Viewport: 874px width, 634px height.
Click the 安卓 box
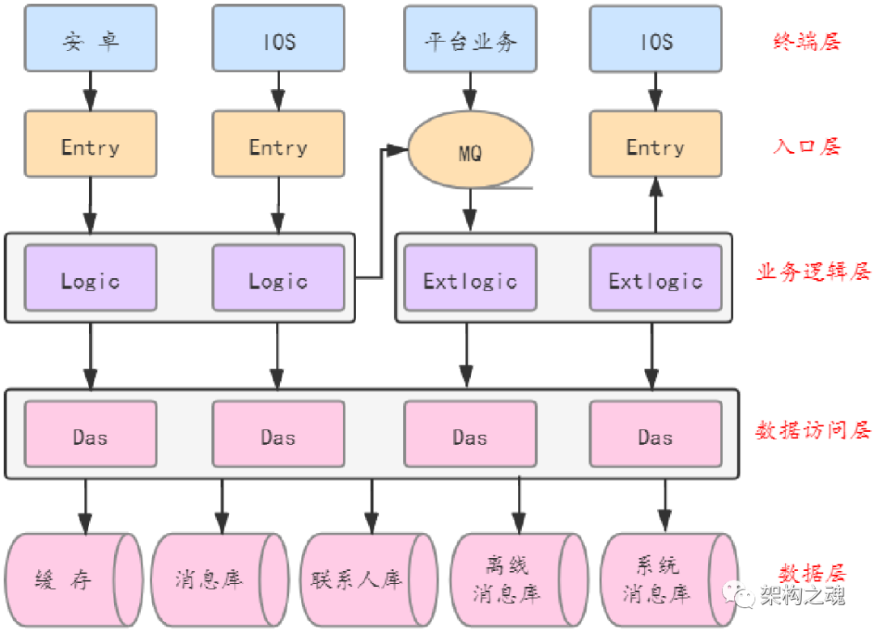91,38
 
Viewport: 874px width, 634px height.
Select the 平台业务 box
470,38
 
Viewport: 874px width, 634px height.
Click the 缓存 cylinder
73,580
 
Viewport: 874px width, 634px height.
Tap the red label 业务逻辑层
813,272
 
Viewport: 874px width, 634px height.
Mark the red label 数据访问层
813,431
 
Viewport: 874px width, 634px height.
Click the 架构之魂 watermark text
801,596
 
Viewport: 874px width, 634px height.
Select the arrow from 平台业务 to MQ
470,90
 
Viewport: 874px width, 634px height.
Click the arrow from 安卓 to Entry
91,90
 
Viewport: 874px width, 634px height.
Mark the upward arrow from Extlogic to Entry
655,205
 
